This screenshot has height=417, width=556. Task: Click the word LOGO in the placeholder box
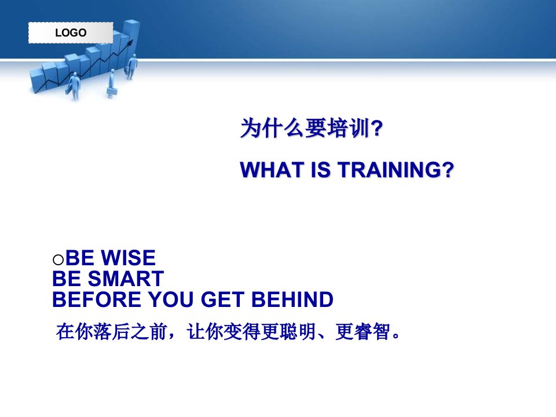(x=71, y=32)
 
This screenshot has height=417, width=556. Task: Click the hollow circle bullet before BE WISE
(x=58, y=259)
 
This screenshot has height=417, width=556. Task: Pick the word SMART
(x=126, y=279)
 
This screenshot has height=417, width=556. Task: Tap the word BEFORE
(x=97, y=299)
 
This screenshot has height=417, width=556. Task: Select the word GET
(x=222, y=299)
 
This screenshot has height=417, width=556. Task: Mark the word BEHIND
(x=292, y=299)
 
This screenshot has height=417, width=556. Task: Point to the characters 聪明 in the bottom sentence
(x=298, y=332)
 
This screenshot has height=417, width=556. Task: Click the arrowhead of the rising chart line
(x=130, y=43)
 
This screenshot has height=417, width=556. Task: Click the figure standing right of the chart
(x=131, y=67)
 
